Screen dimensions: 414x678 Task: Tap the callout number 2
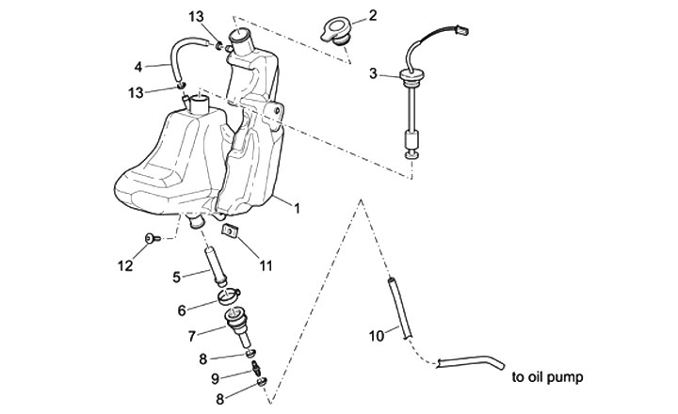(x=373, y=15)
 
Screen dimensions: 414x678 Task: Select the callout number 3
(x=374, y=72)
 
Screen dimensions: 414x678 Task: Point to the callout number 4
(x=138, y=67)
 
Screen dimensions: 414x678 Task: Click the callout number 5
(x=176, y=276)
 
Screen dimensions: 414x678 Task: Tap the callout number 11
(x=266, y=265)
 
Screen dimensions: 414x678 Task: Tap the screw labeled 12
(x=151, y=242)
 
